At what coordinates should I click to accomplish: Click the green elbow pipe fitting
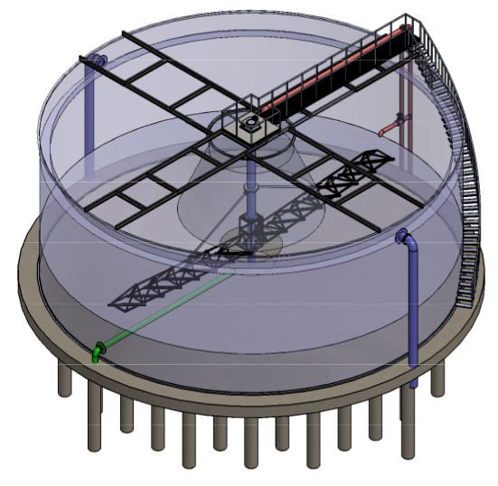click(97, 350)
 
